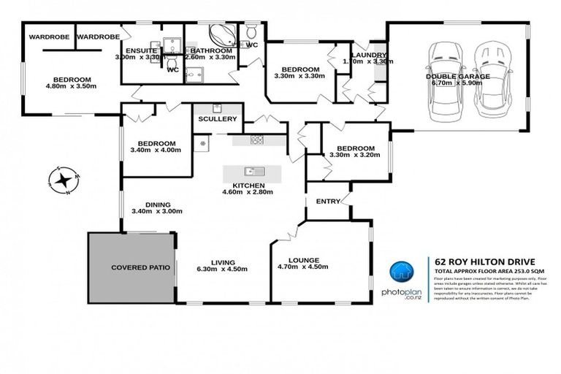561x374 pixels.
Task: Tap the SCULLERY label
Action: pos(217,118)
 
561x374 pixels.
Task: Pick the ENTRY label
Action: pos(327,202)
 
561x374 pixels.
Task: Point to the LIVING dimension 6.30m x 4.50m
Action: pos(222,267)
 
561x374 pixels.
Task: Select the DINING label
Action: pos(157,205)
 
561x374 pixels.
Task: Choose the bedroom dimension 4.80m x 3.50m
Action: pos(71,88)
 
